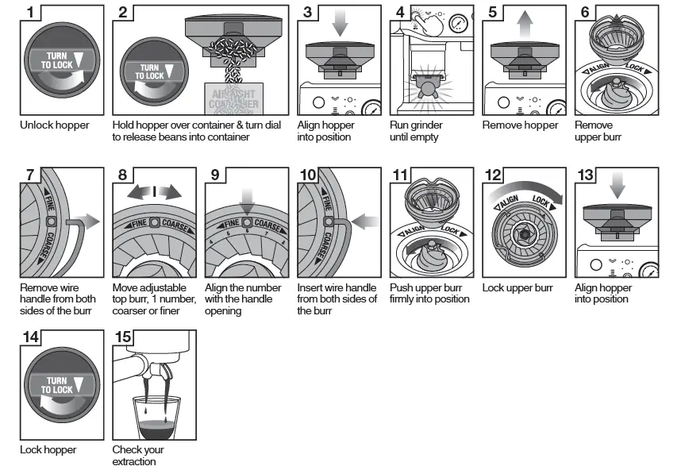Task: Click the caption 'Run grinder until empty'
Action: pos(417,131)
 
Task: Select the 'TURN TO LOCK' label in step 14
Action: pos(57,385)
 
